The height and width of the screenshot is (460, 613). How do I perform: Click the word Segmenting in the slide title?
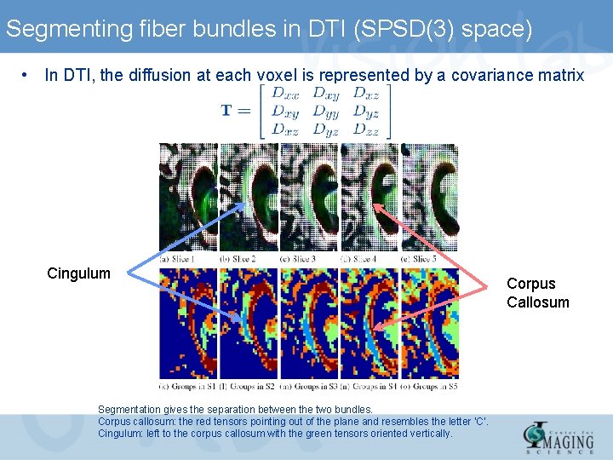click(67, 30)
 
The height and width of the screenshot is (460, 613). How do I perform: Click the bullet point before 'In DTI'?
click(28, 75)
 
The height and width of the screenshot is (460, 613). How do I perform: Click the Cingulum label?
click(78, 273)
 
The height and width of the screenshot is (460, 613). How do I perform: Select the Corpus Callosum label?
click(537, 293)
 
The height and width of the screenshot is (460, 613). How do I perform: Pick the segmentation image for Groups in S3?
click(309, 324)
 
